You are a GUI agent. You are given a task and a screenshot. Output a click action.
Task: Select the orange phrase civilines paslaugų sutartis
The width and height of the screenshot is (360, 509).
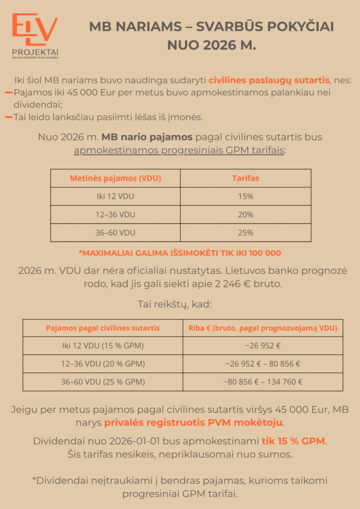pos(269,80)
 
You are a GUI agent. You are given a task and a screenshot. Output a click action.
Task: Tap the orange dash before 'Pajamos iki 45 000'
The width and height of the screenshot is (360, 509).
pos(8,92)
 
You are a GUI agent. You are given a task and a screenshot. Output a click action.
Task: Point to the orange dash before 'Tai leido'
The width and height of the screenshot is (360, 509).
pos(8,117)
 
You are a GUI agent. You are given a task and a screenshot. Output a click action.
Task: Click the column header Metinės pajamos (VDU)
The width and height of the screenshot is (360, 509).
pos(115,178)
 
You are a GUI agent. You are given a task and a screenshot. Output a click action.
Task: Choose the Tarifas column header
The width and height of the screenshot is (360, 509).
pos(246,178)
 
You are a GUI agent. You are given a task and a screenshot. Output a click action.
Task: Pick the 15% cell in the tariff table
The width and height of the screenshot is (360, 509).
pos(246,196)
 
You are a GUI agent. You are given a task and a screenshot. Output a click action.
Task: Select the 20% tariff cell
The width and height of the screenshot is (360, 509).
pos(246,215)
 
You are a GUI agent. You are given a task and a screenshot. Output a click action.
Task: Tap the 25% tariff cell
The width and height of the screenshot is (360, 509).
pos(246,233)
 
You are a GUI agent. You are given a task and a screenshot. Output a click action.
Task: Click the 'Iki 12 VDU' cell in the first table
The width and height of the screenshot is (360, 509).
pos(115,196)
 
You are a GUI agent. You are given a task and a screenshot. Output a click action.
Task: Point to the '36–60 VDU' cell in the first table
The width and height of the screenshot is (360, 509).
pos(115,233)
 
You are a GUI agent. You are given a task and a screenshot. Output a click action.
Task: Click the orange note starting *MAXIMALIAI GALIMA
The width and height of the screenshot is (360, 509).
pos(180,253)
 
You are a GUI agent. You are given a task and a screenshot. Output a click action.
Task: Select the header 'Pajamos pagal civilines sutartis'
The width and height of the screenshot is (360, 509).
pos(103,328)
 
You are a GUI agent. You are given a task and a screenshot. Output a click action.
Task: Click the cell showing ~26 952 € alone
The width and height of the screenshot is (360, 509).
pos(263,346)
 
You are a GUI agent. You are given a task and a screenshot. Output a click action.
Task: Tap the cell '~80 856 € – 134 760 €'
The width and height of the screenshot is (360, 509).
pos(263,382)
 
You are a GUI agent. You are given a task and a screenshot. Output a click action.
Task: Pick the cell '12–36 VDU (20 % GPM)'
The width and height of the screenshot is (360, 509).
pos(103,364)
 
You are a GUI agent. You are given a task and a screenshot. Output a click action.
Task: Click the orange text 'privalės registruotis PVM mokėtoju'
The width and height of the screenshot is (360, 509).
pos(201,423)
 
